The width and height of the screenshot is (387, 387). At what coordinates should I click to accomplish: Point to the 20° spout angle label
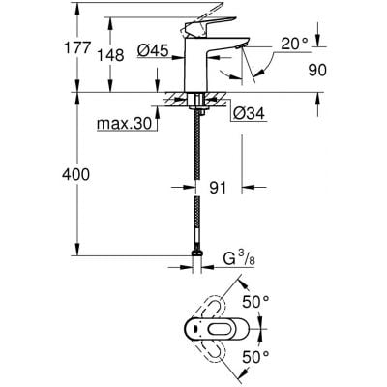point(297,45)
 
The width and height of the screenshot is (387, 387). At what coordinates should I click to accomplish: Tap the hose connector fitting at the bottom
point(198,260)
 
